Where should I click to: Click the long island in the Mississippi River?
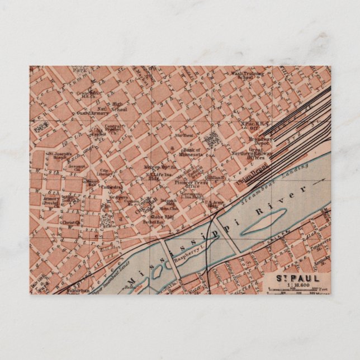tap(263, 222)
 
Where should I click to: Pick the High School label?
tap(118, 106)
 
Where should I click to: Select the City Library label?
tap(105, 173)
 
